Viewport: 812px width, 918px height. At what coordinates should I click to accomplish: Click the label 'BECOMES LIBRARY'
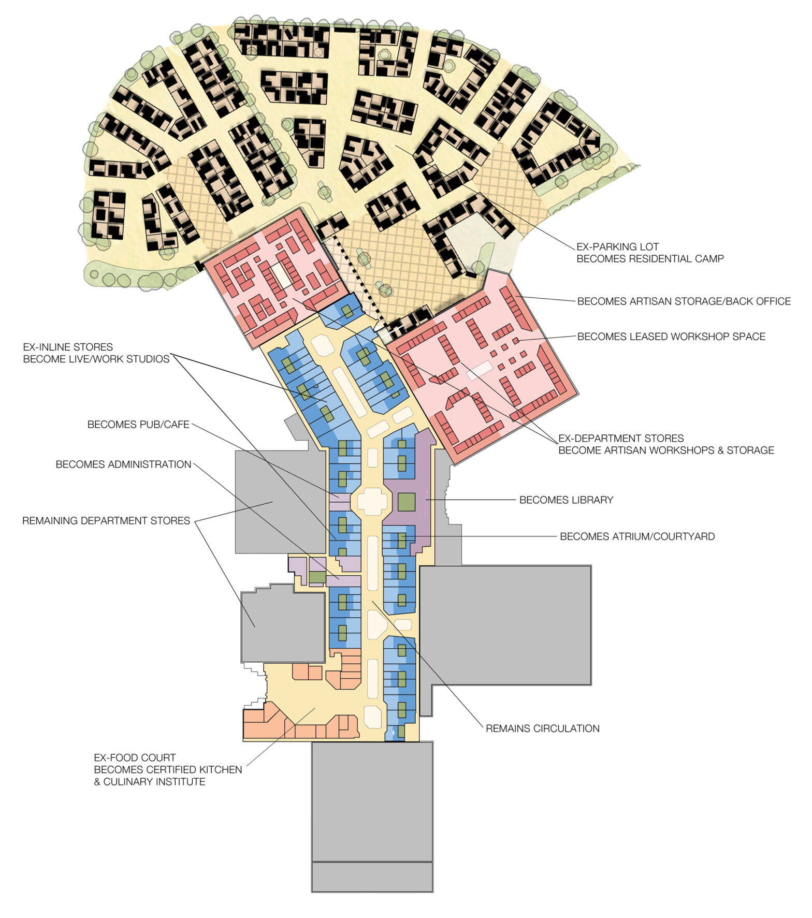pos(566,500)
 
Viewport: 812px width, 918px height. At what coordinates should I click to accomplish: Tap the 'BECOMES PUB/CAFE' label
pos(138,425)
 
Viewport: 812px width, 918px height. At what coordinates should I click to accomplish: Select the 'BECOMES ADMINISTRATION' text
pos(123,464)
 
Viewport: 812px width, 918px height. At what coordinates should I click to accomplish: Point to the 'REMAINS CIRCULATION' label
pos(542,728)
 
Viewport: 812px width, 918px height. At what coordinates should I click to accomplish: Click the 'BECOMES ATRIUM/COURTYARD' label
pos(637,536)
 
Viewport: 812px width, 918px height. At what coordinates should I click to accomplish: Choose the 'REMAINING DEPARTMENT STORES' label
pos(106,521)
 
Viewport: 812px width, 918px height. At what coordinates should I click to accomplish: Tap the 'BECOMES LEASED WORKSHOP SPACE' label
pos(671,337)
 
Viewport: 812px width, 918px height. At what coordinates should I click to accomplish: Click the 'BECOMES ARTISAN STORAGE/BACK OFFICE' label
pos(684,301)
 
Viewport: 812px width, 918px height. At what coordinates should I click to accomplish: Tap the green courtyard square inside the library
pos(407,502)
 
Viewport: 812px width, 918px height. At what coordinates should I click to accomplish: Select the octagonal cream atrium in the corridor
pos(372,501)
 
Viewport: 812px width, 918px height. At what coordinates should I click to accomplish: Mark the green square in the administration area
pos(317,577)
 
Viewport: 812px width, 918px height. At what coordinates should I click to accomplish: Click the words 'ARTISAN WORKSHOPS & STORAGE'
pos(666,450)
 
